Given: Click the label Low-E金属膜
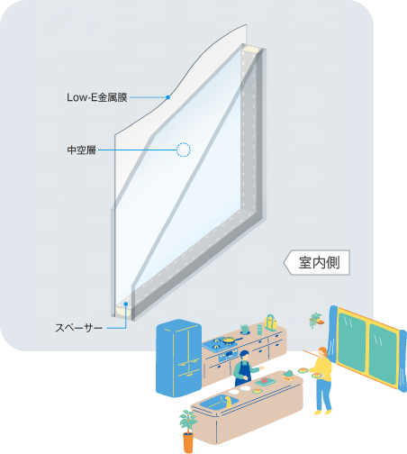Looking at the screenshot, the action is [x=97, y=97].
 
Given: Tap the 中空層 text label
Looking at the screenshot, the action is [x=81, y=150].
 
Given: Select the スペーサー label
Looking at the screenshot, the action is [x=78, y=328].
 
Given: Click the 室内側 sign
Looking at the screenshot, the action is [x=317, y=262].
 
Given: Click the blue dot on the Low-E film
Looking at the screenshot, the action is [x=168, y=97].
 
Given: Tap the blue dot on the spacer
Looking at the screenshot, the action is [x=126, y=304].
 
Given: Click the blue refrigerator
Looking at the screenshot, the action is [x=178, y=358].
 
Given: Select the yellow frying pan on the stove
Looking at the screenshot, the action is [x=230, y=340].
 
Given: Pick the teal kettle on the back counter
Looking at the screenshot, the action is [x=245, y=329].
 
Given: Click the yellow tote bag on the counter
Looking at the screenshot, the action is [x=270, y=322].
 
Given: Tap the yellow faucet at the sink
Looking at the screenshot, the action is [x=229, y=401].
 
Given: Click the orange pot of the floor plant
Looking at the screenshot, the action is [x=188, y=442].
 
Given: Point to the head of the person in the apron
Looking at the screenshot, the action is [x=244, y=356].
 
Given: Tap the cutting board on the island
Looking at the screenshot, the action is [x=266, y=382].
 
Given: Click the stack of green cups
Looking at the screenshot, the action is [x=259, y=330].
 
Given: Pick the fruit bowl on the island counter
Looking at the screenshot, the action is [x=288, y=376].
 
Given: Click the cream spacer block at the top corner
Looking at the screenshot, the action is [x=251, y=49].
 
